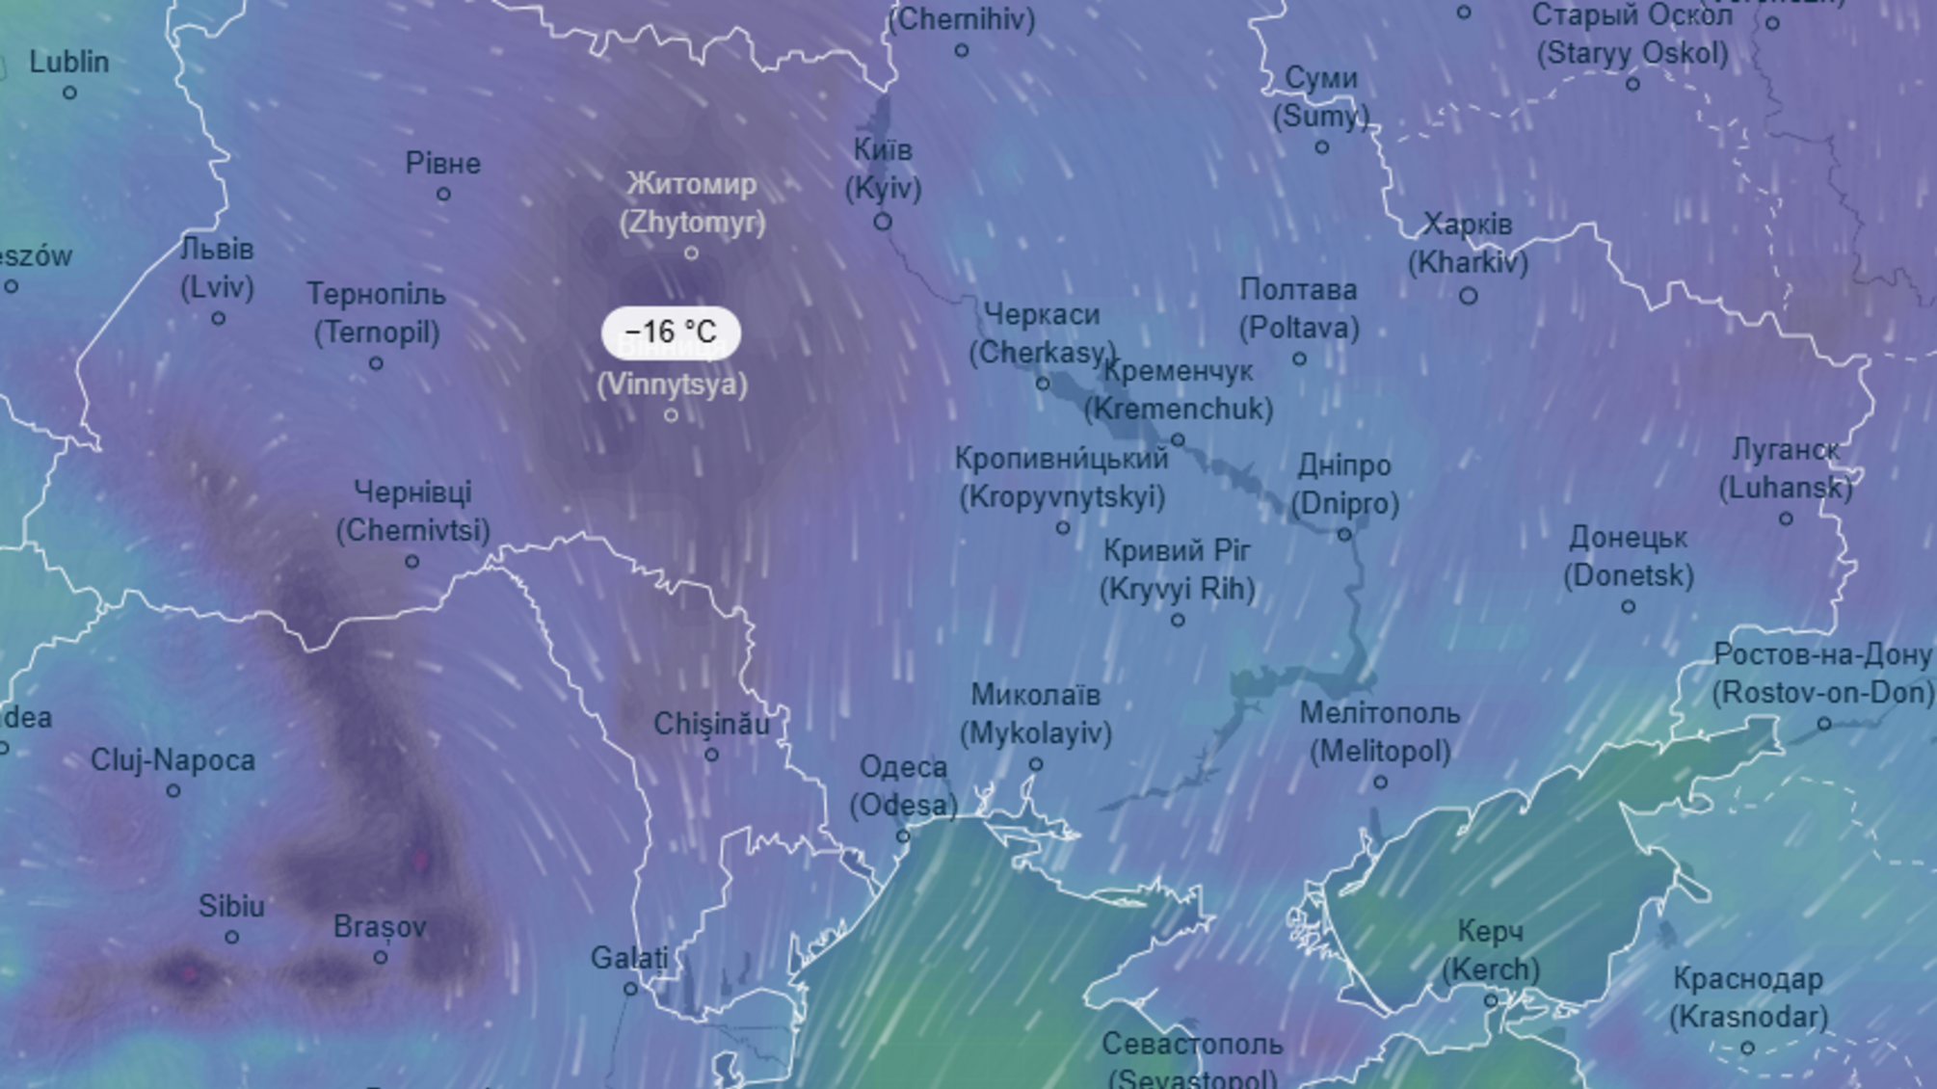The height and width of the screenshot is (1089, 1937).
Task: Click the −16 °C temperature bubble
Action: point(671,332)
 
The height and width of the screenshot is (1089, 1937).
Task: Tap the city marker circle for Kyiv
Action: point(882,223)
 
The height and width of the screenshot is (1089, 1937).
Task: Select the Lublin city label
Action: point(69,63)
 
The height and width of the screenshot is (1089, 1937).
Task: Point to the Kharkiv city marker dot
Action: point(1468,297)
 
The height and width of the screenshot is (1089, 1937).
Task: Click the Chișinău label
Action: point(711,724)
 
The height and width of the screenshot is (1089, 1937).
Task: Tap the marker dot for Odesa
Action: point(903,837)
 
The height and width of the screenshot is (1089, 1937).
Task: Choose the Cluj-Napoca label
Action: point(173,760)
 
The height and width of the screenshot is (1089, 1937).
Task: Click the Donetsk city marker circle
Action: point(1628,607)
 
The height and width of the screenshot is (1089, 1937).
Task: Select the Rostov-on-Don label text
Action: point(1822,674)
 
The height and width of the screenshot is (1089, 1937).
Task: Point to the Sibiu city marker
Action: point(231,937)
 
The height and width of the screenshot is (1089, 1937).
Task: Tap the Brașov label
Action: point(380,927)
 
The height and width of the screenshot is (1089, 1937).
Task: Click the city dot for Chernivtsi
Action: point(412,562)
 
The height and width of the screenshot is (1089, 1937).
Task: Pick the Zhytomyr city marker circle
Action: point(691,253)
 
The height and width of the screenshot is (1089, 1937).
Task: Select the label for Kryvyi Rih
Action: point(1177,570)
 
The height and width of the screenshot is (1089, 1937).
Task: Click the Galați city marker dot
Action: point(630,989)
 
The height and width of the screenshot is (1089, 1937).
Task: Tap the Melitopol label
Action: point(1380,732)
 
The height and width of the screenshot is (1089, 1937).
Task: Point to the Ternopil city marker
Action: point(376,364)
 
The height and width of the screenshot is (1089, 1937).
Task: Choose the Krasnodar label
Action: point(1748,997)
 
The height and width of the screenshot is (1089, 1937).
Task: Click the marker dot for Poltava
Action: point(1299,359)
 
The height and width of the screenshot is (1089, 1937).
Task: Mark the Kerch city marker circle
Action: point(1490,1001)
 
